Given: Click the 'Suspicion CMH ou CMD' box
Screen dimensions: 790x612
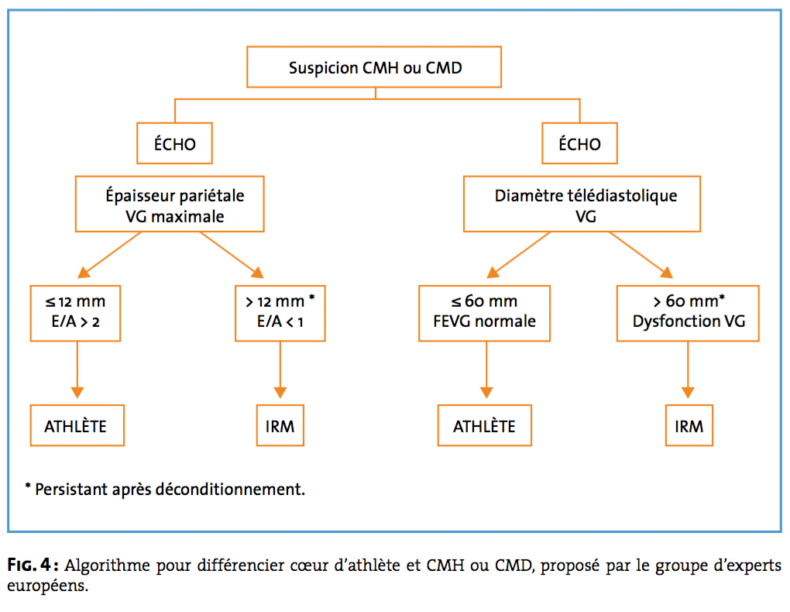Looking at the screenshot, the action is [374, 67].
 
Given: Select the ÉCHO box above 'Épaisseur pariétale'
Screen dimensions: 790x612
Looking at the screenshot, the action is [174, 143].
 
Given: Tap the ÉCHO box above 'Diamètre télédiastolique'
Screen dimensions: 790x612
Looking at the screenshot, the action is [579, 143].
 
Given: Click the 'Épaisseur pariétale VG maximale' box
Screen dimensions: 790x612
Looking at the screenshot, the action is [170, 204].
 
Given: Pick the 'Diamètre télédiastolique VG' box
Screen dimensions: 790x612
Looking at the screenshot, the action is [582, 204].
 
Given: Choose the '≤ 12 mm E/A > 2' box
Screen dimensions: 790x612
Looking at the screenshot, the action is [75, 314].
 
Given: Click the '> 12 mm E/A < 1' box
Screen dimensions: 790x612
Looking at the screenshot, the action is [280, 314].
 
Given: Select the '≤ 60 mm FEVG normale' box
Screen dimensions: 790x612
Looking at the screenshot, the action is [484, 314].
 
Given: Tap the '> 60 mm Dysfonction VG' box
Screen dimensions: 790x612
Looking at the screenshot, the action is [688, 314].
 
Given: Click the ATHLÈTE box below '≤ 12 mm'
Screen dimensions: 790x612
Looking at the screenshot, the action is [77, 425].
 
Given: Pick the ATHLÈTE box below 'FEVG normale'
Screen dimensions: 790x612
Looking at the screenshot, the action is [484, 425].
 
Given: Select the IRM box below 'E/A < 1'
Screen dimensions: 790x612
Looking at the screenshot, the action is [280, 425].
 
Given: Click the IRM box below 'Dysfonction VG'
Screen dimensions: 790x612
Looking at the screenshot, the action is [689, 425].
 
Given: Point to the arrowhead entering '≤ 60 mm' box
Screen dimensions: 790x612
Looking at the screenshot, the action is [493, 273].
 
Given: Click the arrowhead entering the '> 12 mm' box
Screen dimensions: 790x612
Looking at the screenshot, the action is [257, 273].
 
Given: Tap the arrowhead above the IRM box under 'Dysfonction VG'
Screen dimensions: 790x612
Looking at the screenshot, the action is [688, 393].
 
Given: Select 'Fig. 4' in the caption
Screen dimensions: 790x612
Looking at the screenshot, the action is [29, 565].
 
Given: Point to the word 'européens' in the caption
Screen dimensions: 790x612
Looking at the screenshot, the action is [47, 586].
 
